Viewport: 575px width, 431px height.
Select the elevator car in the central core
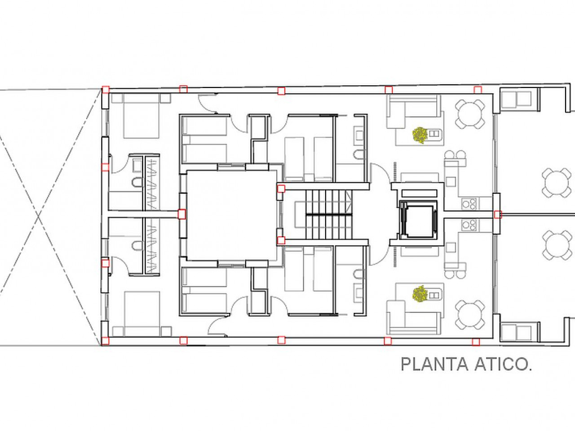point(418,221)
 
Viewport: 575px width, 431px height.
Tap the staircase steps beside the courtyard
point(329,214)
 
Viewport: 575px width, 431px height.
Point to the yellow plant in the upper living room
point(420,135)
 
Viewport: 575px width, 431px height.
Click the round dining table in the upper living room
point(470,114)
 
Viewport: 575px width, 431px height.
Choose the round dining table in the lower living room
point(470,315)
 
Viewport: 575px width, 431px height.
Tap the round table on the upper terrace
point(556,183)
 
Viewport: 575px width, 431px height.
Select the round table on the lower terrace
point(557,245)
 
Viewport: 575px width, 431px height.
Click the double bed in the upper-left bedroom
point(142,116)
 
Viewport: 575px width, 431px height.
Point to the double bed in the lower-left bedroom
point(142,314)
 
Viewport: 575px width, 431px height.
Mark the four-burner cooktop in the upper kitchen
point(469,204)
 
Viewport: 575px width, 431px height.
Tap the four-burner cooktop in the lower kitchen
point(469,224)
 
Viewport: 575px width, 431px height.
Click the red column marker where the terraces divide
point(498,215)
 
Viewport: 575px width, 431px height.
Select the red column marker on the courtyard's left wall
point(181,214)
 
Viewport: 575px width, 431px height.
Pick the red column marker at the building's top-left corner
point(106,89)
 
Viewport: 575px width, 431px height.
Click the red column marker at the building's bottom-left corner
point(105,341)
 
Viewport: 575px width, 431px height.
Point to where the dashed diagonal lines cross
point(39,216)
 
